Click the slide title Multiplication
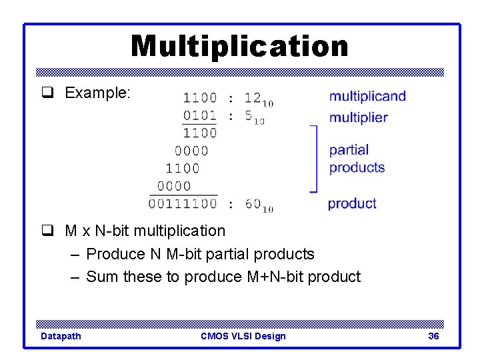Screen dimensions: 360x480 pos(239,47)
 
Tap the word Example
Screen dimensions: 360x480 pos(96,93)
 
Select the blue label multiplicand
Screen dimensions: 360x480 pos(367,96)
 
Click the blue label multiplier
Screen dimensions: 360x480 pos(358,118)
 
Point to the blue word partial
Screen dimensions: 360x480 pos(349,150)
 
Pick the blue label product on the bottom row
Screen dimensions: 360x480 pos(352,203)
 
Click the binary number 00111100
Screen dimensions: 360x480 pos(183,203)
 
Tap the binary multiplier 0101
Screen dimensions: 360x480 pos(200,116)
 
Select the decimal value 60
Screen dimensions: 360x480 pos(253,203)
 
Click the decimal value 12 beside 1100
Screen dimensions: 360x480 pos(253,97)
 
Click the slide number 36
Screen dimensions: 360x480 pos(433,336)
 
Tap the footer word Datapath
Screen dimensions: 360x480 pos(61,336)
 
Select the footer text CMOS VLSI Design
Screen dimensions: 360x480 pos(243,336)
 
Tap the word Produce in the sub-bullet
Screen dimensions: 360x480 pos(114,254)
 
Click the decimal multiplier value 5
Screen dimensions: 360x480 pos(249,116)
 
